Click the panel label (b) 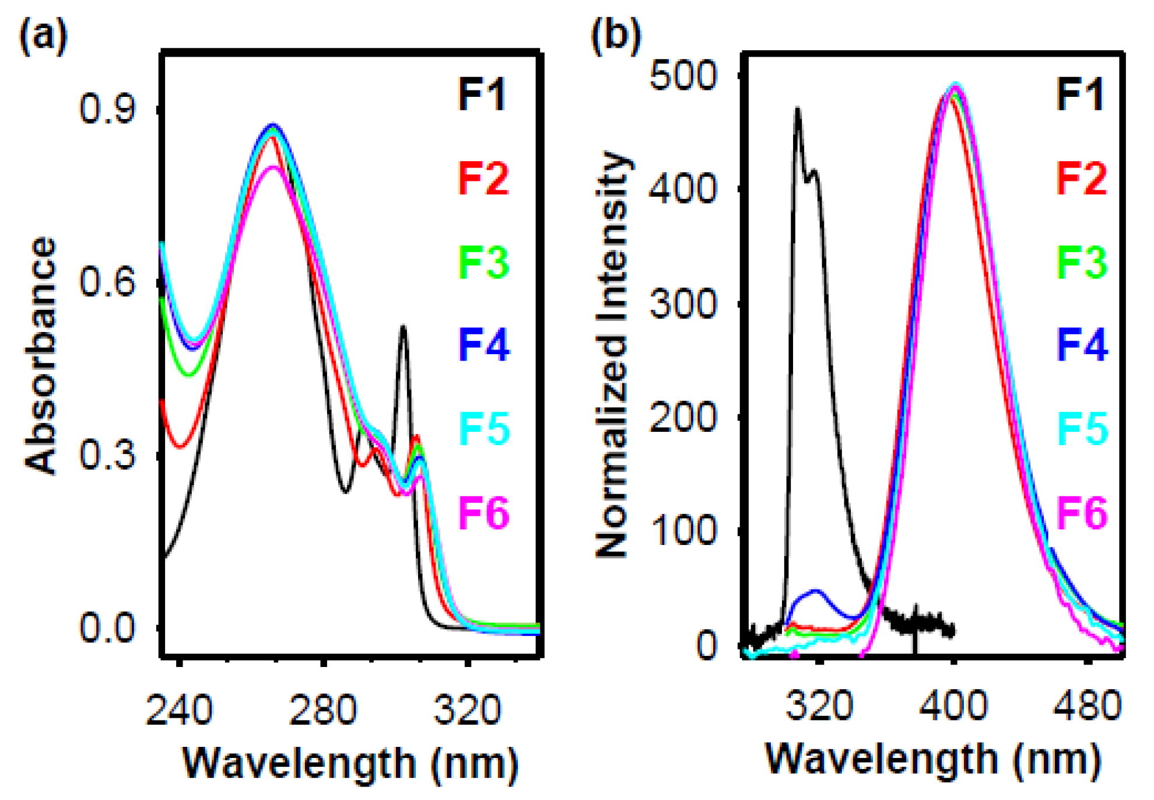click(616, 34)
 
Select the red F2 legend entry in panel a click(483, 178)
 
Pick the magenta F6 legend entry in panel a click(483, 512)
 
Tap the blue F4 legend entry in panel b click(1082, 344)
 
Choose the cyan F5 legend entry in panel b click(1082, 428)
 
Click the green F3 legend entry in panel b click(1082, 261)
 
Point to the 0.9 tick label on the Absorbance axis click(107, 109)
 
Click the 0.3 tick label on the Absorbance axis click(107, 455)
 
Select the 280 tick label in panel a click(323, 710)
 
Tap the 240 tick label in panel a click(179, 710)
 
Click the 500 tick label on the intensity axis click(683, 75)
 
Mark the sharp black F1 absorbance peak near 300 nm click(403, 328)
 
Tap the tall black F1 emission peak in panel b click(797, 110)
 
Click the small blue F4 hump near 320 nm click(816, 592)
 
